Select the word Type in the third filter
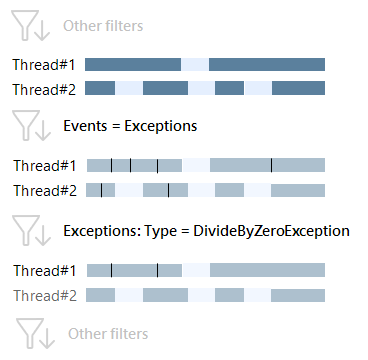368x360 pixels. point(162,231)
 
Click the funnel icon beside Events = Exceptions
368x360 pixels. point(32,127)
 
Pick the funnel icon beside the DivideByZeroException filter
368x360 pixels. point(32,231)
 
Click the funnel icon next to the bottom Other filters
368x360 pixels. point(32,333)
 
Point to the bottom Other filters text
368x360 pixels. point(102,333)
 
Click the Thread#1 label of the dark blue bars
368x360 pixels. point(43,65)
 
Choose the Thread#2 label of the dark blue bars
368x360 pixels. point(43,88)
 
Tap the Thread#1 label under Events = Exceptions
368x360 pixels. point(43,166)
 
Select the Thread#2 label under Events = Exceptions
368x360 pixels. point(43,189)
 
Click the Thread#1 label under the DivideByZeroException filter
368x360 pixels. point(43,270)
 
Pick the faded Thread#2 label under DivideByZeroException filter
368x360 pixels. point(43,294)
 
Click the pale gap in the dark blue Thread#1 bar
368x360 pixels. point(195,65)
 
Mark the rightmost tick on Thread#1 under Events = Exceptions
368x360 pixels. point(271,166)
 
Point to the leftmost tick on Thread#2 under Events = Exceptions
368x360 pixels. point(101,189)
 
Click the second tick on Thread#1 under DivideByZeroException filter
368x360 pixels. point(157,270)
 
